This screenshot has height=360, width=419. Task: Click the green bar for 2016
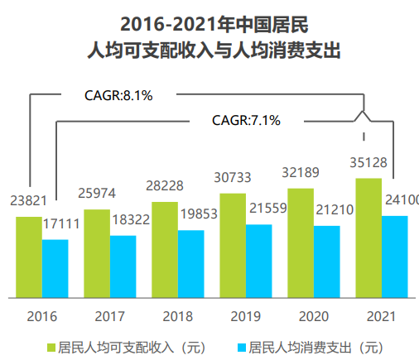(x=28, y=257)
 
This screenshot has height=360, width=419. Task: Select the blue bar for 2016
(x=55, y=268)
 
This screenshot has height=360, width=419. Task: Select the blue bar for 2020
(x=327, y=261)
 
